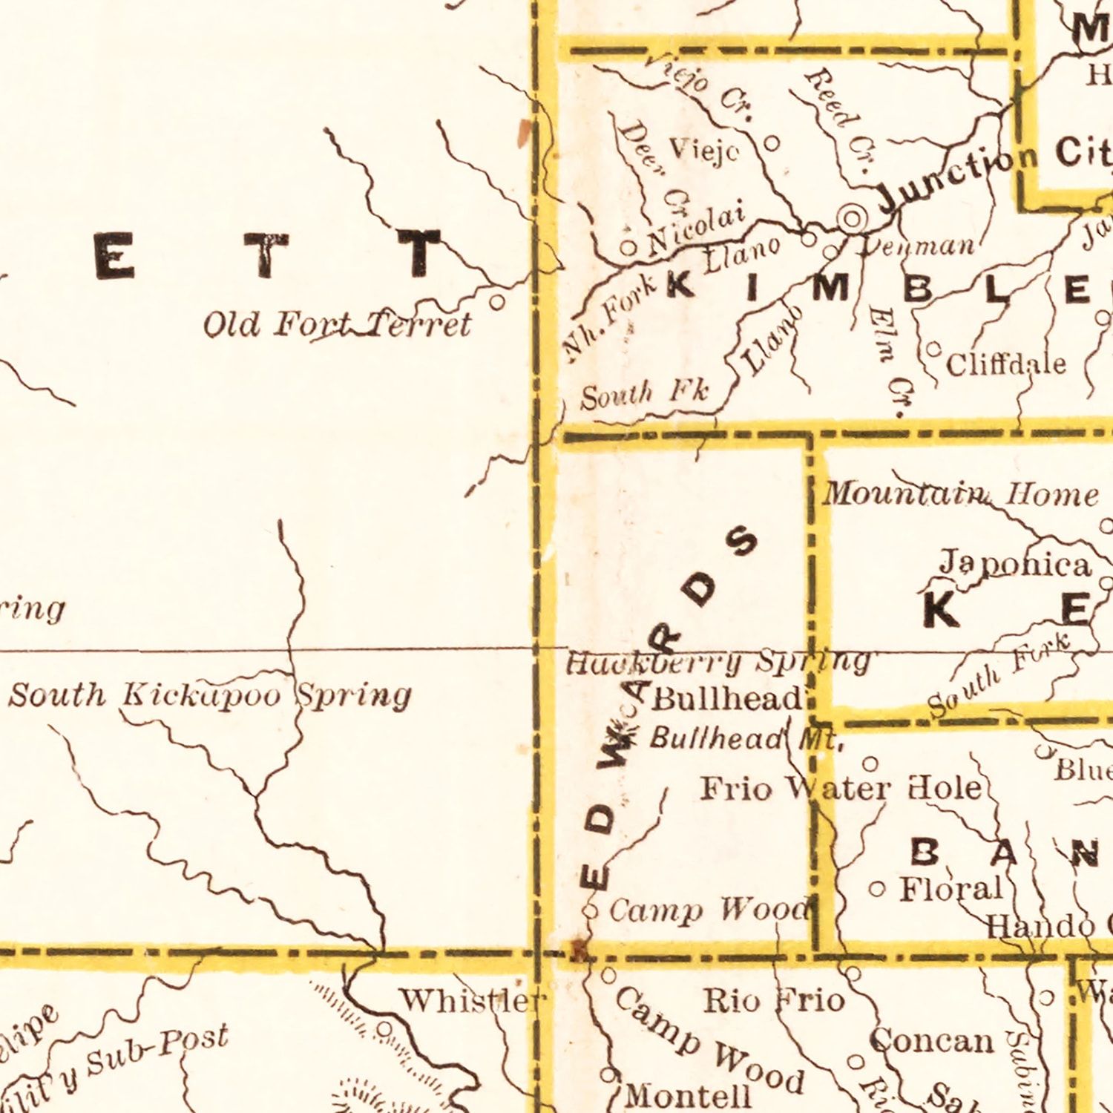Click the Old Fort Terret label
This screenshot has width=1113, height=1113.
(x=337, y=324)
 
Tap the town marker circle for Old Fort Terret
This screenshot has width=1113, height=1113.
(x=498, y=302)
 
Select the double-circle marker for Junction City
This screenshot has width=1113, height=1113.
(x=853, y=218)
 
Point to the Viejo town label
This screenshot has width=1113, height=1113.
(x=704, y=151)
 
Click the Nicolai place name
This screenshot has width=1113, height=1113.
(x=695, y=230)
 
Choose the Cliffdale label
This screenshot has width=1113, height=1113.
(x=1006, y=364)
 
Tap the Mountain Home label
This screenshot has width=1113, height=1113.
(x=961, y=494)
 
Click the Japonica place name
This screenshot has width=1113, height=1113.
(x=1016, y=564)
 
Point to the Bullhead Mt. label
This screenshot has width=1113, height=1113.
(x=746, y=738)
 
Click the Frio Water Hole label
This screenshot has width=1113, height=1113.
(x=841, y=788)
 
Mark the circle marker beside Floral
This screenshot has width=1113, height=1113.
(x=878, y=889)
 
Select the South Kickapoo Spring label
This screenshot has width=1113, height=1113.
(x=210, y=696)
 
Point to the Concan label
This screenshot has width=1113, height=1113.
(x=931, y=1040)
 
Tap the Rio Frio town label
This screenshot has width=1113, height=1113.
(x=774, y=1001)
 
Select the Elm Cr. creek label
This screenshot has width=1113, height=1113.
(x=891, y=361)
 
